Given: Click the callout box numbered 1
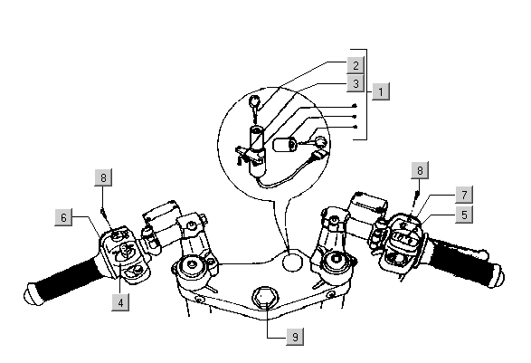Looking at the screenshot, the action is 381,91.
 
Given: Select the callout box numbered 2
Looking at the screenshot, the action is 356,65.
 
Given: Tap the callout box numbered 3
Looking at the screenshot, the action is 356,83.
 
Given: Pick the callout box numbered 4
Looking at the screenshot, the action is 120,302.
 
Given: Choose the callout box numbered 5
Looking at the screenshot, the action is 464,215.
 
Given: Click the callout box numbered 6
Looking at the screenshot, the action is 63,217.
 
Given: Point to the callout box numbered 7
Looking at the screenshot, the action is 464,195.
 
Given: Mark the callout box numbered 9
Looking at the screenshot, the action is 295,337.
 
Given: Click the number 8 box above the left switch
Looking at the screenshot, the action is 103,177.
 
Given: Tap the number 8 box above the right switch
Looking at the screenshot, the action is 420,170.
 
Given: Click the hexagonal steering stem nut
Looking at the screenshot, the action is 264,297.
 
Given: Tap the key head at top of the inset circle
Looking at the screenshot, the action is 255,100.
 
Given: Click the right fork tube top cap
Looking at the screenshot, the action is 337,260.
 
